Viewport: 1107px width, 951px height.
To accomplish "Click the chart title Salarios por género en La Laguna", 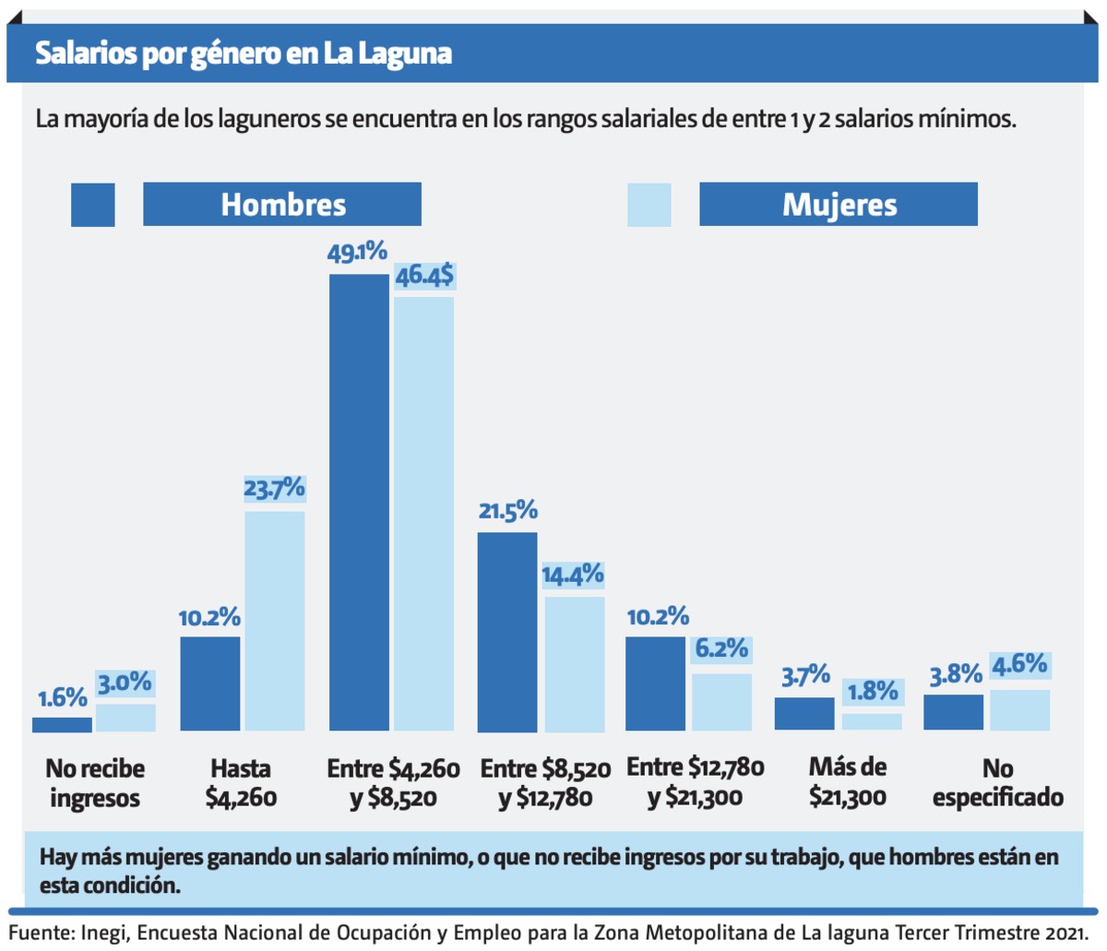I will pos(244,53).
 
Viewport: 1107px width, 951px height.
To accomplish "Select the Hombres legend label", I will pos(282,204).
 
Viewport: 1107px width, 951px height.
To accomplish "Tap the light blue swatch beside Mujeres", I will pos(649,204).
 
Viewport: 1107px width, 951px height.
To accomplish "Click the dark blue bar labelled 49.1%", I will pos(359,503).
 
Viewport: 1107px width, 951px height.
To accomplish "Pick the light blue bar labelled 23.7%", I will pos(274,621).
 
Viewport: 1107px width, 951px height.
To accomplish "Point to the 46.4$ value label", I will pos(424,276).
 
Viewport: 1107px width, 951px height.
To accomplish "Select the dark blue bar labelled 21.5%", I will pos(506,632).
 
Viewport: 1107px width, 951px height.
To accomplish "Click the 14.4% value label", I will pos(572,576).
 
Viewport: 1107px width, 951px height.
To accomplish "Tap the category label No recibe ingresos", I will pos(96,783).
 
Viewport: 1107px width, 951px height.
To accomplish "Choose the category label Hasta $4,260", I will pos(241,783).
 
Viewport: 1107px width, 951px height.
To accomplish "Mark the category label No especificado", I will pos(997,783).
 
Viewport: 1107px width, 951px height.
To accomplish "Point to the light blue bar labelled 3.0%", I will pos(125,718).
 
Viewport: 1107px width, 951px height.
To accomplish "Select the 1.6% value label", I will pos(63,698).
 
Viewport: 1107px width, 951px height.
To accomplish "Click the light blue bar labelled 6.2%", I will pos(721,702).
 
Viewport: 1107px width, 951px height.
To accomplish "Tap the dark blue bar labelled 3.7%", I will pos(804,714).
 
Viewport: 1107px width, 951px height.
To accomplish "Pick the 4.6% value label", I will pos(1019,664).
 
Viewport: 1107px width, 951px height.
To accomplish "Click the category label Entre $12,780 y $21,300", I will pos(696,782).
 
